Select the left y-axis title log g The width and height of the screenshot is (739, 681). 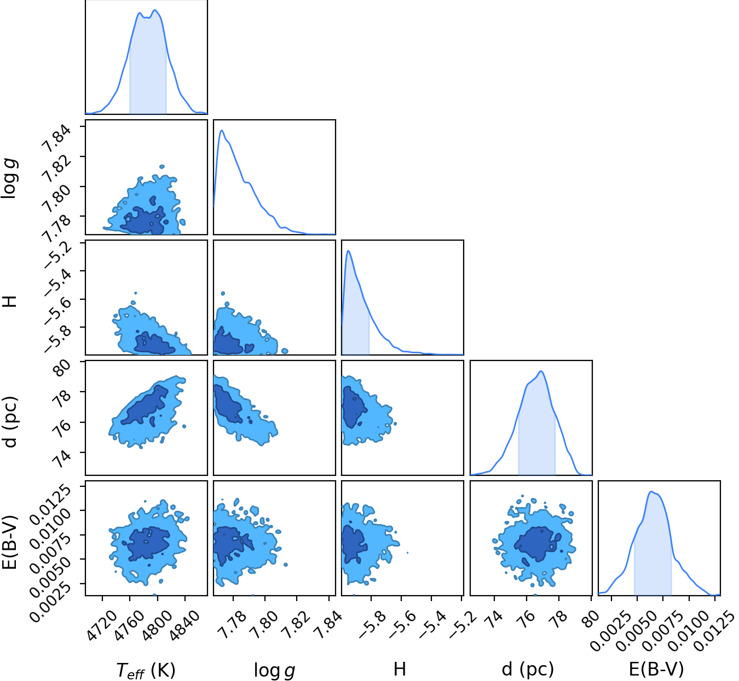(x=9, y=178)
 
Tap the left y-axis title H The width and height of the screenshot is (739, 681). (x=9, y=301)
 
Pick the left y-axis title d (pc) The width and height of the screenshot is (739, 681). (x=10, y=422)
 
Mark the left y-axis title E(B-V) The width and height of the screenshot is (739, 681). (x=9, y=543)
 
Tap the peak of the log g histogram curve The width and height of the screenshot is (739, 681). (x=222, y=130)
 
